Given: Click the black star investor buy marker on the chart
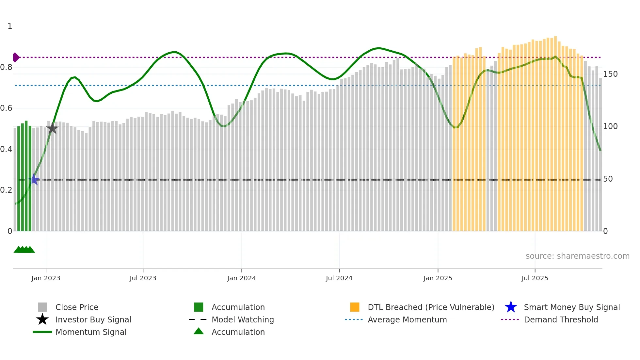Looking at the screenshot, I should tap(52, 128).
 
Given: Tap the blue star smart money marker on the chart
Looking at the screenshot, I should tap(34, 179).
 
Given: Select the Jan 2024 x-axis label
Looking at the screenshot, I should tap(241, 278).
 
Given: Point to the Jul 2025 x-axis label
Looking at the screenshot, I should tap(535, 278).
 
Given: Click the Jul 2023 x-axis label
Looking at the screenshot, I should tap(143, 278).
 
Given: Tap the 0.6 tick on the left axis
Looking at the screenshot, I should tap(7, 108).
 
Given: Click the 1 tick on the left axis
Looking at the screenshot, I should tap(10, 26).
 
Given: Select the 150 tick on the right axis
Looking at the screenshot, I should tap(610, 74).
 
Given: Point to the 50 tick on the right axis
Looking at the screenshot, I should tap(608, 179).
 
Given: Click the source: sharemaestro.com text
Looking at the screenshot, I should tap(577, 256).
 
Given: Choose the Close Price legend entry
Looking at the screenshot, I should tap(77, 307).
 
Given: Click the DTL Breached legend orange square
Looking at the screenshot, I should tap(354, 307).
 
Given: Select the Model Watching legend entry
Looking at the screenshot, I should tap(242, 319).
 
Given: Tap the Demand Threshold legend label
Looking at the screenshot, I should tap(561, 319).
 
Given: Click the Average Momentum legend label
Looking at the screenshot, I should tap(407, 319).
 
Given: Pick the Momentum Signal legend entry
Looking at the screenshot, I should tap(91, 332).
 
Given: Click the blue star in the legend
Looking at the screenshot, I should tap(511, 307).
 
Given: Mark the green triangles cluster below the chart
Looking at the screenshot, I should tap(24, 250).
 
